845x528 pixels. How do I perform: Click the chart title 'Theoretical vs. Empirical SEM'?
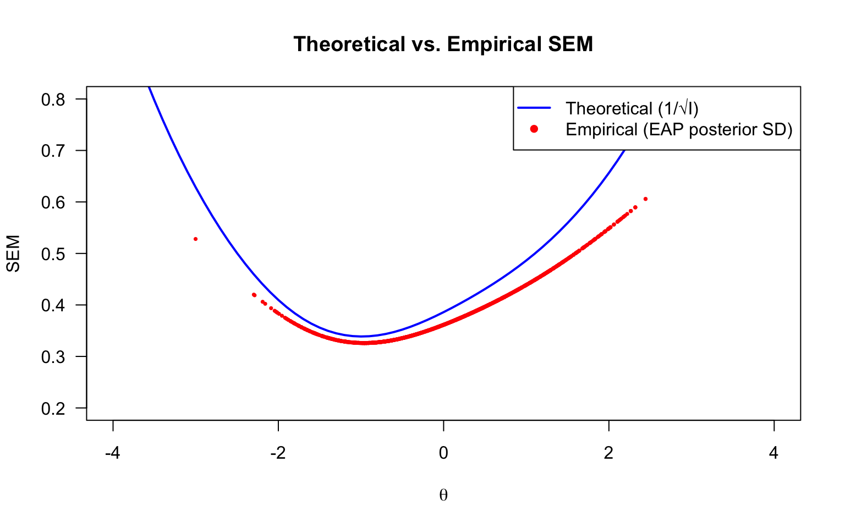(x=443, y=44)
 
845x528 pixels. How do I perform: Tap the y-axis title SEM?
(x=13, y=254)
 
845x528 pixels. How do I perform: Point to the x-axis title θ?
(x=443, y=495)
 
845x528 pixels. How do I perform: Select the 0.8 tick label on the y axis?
(x=53, y=100)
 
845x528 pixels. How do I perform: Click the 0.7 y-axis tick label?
(x=53, y=151)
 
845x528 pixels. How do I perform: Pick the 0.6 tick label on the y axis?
(x=53, y=202)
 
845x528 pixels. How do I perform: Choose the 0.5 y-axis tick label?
(x=53, y=254)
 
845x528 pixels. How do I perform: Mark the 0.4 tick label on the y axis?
(x=53, y=305)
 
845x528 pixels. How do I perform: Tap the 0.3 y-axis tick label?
(x=53, y=356)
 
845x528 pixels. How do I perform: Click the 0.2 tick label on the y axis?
(x=53, y=408)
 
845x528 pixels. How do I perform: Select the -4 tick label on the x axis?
(x=113, y=453)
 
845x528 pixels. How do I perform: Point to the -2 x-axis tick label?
(x=278, y=453)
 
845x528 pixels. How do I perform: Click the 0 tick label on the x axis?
(x=443, y=453)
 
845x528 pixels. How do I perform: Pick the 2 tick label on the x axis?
(x=608, y=453)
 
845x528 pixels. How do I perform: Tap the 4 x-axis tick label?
(x=774, y=453)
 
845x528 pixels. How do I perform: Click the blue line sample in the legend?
(x=534, y=108)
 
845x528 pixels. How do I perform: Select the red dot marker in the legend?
(x=534, y=129)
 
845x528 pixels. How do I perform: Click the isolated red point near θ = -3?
(x=195, y=239)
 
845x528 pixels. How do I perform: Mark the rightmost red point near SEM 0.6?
(x=645, y=199)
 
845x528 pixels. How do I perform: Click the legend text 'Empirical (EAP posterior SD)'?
(x=679, y=129)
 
